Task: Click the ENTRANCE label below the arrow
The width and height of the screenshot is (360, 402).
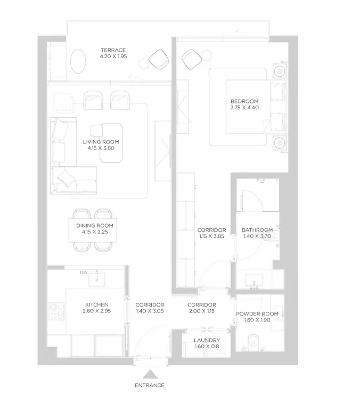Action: click(x=150, y=385)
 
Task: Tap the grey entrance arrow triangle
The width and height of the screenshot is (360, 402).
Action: click(x=150, y=374)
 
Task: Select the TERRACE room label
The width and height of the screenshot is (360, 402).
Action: click(x=113, y=50)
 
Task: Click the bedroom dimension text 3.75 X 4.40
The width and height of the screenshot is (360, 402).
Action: click(x=244, y=107)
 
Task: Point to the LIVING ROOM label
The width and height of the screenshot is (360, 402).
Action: click(x=101, y=142)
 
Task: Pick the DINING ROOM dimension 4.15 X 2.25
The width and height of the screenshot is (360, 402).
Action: click(x=95, y=232)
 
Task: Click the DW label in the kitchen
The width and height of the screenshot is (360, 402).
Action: click(x=84, y=272)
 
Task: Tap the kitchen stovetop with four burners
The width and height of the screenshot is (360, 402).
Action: click(x=56, y=311)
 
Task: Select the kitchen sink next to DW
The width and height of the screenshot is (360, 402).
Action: click(x=96, y=279)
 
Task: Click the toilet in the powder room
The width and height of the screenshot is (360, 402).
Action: click(x=252, y=342)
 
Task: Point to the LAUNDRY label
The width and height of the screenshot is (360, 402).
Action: click(x=207, y=340)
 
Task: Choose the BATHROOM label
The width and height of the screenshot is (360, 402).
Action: click(x=257, y=230)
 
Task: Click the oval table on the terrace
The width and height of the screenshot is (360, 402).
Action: click(x=78, y=61)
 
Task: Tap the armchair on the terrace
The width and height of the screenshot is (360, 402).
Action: click(x=159, y=60)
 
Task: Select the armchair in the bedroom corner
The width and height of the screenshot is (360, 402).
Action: click(x=192, y=60)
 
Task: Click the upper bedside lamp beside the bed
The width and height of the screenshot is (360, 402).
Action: click(x=279, y=71)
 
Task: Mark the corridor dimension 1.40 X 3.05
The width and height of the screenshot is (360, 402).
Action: click(x=150, y=311)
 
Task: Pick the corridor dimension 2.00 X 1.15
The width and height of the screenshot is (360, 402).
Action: click(x=202, y=311)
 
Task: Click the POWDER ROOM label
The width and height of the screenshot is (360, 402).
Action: click(x=257, y=314)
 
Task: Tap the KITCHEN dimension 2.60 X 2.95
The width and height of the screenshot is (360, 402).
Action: click(x=97, y=311)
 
